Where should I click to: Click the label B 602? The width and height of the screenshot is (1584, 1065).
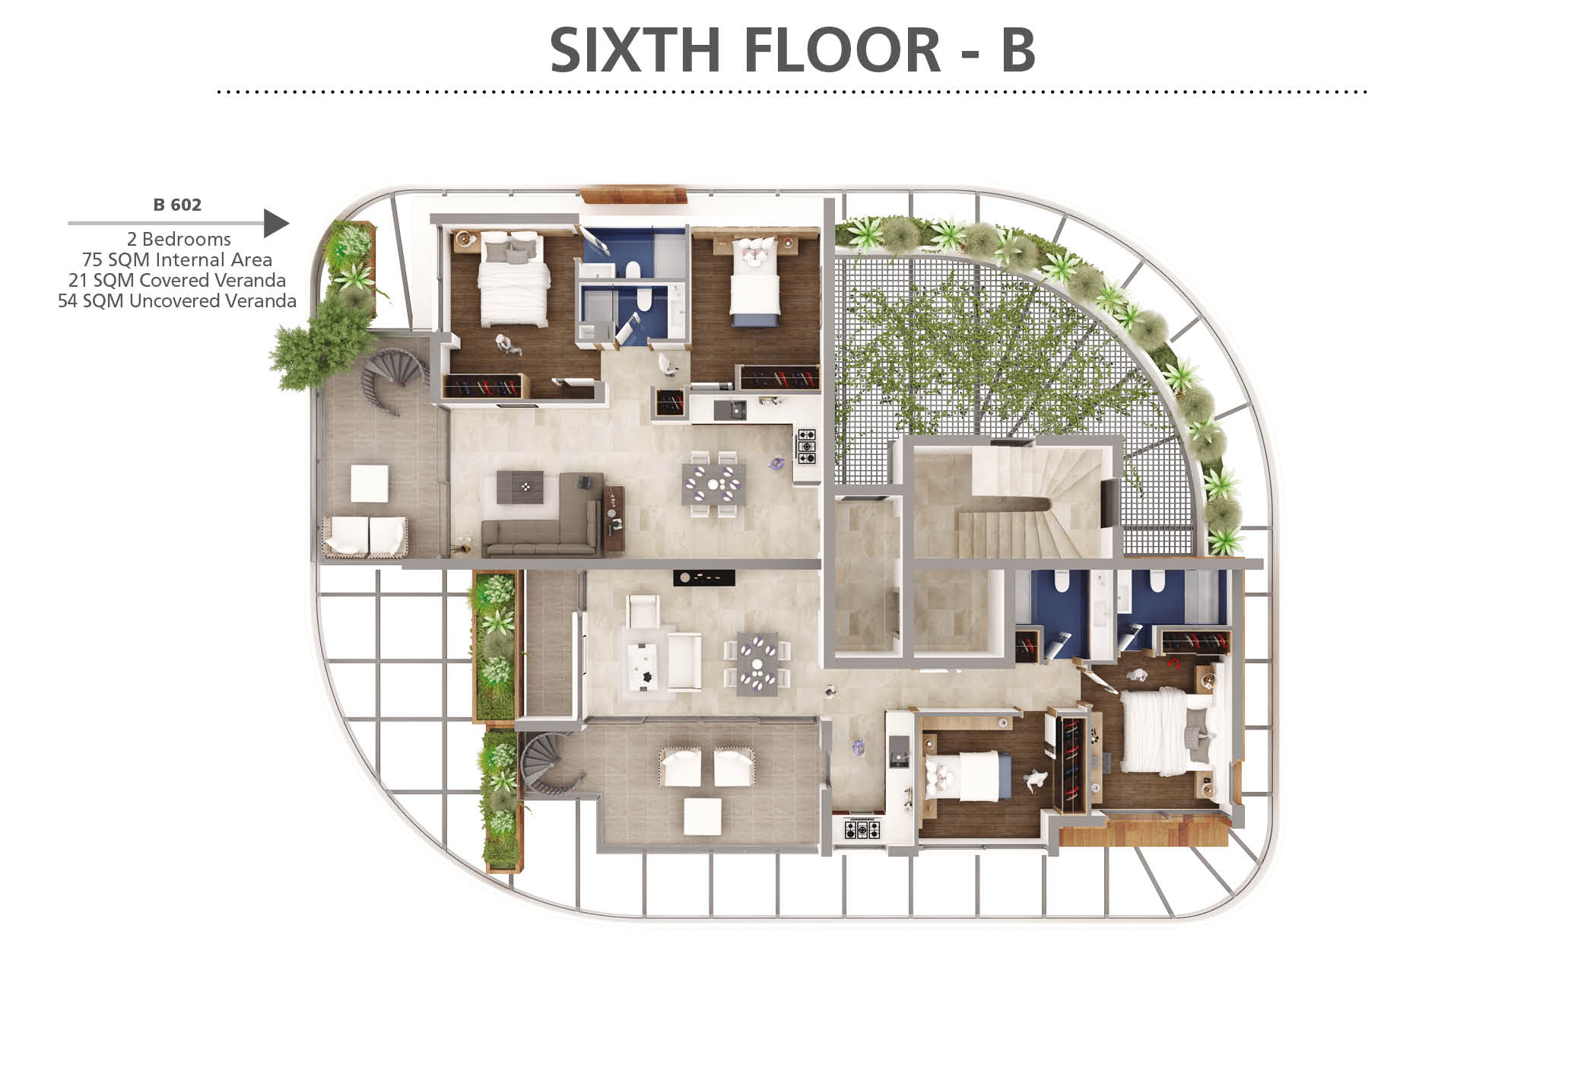tap(177, 205)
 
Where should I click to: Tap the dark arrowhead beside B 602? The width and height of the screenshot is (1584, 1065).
tap(276, 224)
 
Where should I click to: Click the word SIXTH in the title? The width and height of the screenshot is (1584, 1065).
tap(635, 50)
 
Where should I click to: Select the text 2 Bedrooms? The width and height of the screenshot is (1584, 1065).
tap(179, 239)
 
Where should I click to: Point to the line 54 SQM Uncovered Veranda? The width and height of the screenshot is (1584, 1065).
tap(177, 300)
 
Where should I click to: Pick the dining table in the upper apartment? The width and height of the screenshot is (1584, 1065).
tap(714, 484)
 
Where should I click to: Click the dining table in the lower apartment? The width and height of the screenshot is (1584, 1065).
tap(757, 663)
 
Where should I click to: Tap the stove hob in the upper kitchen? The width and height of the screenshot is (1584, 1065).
tap(806, 447)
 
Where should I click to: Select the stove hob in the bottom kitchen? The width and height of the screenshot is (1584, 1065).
tap(862, 828)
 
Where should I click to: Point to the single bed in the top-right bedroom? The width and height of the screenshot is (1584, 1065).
tap(754, 281)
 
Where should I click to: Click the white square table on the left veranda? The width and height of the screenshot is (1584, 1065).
tap(370, 483)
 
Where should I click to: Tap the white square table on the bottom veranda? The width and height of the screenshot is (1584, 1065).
tap(703, 816)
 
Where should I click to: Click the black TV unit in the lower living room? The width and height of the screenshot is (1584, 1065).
tap(704, 577)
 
